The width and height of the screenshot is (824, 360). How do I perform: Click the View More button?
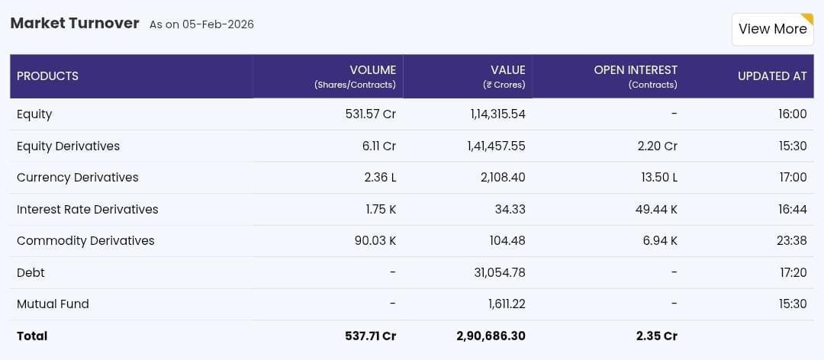click(x=772, y=29)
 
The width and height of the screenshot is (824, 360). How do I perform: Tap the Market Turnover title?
click(x=75, y=23)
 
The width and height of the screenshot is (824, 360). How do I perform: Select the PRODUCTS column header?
click(x=47, y=76)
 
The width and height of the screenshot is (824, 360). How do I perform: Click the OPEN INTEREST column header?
click(x=636, y=70)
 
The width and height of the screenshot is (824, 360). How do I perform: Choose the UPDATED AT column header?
click(x=771, y=76)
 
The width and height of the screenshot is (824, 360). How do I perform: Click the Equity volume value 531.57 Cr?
click(x=370, y=114)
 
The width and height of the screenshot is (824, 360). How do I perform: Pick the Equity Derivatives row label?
click(x=68, y=146)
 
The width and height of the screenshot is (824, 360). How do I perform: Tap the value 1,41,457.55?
click(x=496, y=146)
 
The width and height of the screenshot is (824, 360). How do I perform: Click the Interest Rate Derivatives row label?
click(x=87, y=209)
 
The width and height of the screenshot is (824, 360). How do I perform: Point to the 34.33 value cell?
click(x=508, y=209)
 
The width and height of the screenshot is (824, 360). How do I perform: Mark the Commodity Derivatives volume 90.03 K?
click(x=375, y=241)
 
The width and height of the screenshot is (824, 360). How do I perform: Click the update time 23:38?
click(x=791, y=241)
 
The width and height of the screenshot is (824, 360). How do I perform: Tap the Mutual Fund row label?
click(x=53, y=304)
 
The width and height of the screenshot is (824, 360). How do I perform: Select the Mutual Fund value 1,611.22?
click(x=506, y=304)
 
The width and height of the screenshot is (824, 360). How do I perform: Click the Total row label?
click(x=32, y=336)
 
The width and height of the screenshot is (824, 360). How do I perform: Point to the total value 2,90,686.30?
click(x=491, y=336)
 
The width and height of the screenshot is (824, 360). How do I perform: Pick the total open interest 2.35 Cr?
click(x=657, y=336)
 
